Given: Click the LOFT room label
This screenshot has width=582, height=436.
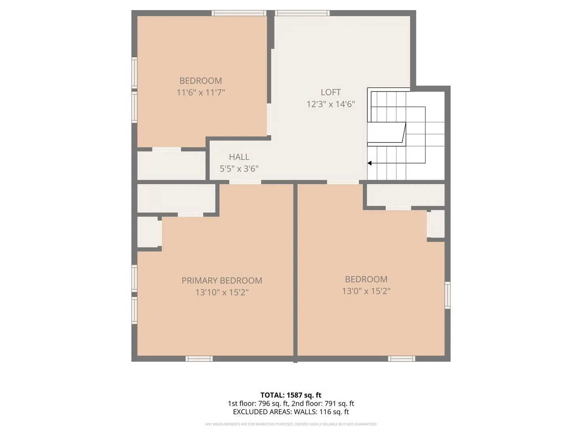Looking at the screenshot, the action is point(330,92).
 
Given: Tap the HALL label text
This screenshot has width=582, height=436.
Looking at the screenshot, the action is point(239,157).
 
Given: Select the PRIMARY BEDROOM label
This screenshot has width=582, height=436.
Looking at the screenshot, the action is point(221,280).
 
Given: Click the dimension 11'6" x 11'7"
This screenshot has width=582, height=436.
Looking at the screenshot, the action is point(201,93).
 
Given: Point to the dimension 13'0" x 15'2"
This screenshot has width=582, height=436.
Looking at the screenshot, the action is point(366,291).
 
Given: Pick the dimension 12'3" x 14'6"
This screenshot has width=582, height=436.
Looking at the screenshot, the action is point(331,104).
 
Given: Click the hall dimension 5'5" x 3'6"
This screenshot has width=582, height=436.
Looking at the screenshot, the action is point(239,169).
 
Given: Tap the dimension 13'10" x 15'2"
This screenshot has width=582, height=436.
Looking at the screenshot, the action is point(222,292).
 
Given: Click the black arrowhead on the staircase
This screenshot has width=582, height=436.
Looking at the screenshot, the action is point(369,163).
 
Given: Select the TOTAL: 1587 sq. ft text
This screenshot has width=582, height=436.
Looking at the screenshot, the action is point(291,395).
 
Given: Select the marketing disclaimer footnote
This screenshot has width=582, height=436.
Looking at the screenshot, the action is point(291,424).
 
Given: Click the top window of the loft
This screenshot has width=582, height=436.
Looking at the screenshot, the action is point(302,13).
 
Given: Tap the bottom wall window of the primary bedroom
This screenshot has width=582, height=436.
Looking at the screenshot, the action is point(199,359).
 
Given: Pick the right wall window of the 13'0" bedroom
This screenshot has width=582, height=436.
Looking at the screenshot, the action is point(447,295).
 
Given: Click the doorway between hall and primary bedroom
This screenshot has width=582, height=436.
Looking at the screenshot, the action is point(245,182).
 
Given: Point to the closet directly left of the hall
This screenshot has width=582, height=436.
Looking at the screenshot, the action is point(171,166).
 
